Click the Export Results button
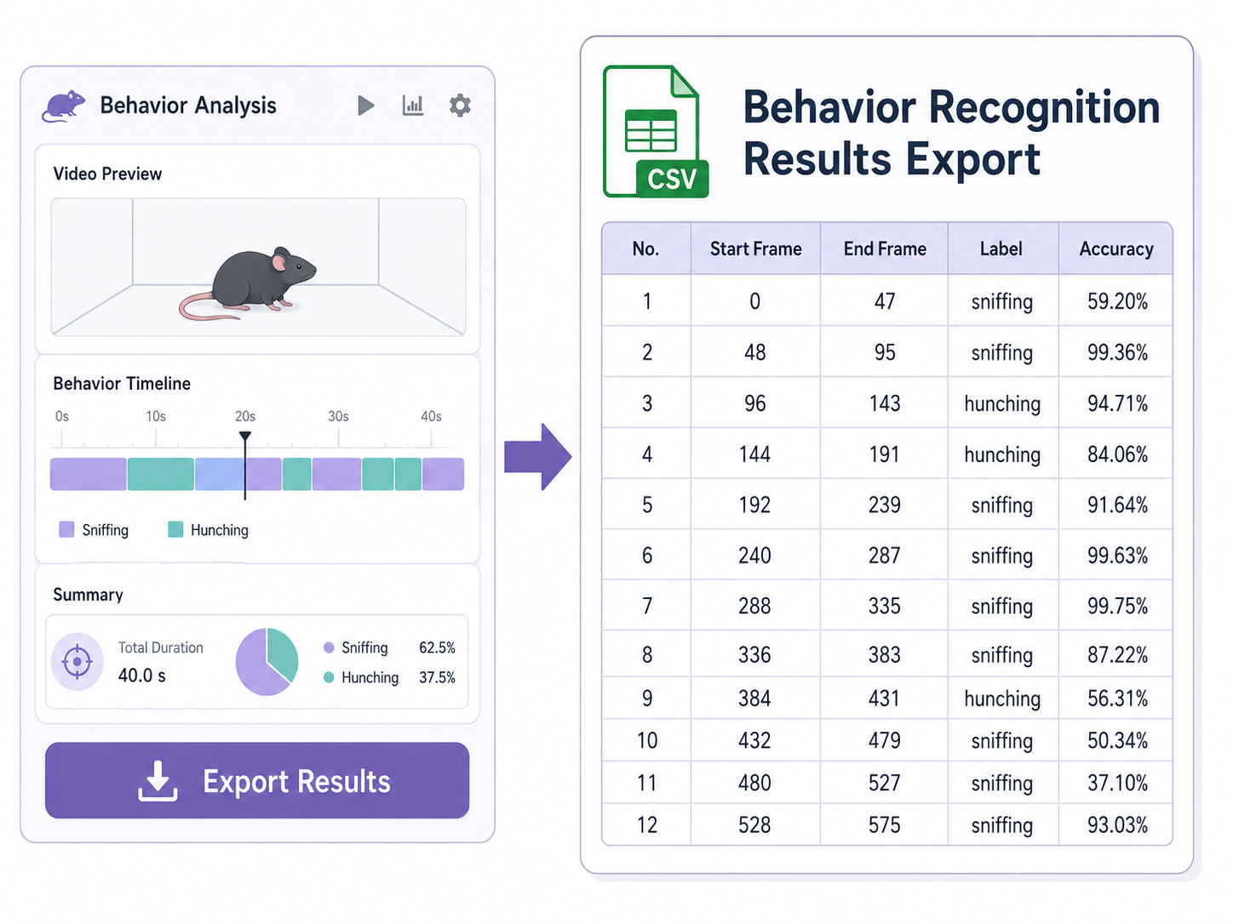click(256, 780)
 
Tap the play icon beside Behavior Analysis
click(365, 106)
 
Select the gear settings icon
click(460, 106)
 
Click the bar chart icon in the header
click(413, 106)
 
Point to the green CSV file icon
click(655, 131)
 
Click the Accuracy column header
click(1116, 248)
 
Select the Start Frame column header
click(755, 248)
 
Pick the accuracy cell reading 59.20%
click(1117, 301)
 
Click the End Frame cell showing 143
click(885, 403)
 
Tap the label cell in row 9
click(1002, 699)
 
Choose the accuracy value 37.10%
click(1117, 783)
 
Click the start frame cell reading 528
click(754, 824)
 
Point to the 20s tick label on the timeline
click(245, 416)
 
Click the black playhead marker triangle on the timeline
click(245, 436)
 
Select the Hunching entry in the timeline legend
click(209, 529)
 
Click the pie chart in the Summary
click(267, 661)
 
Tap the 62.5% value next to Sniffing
click(437, 647)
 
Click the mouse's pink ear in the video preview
click(278, 262)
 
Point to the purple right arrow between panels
click(537, 457)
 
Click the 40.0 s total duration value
click(141, 676)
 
